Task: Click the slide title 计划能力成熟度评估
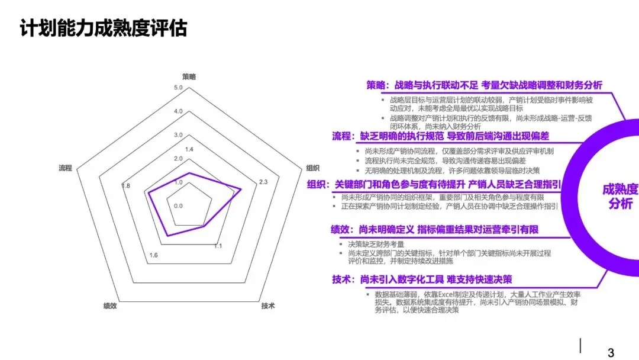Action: pos(104,28)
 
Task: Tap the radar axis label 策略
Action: pos(189,76)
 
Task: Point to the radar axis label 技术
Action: pos(268,306)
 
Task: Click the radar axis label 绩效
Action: pos(110,306)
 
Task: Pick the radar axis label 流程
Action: pos(65,168)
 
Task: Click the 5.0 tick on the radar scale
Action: pos(178,88)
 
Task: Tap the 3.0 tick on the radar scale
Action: pos(178,135)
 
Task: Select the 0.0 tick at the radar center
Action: pos(178,206)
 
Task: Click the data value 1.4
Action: pos(189,149)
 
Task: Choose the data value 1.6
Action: pos(153,255)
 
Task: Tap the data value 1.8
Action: pos(125,186)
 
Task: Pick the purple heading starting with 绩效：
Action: pos(434,230)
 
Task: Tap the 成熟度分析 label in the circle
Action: pos(621,197)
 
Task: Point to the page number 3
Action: pos(611,352)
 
